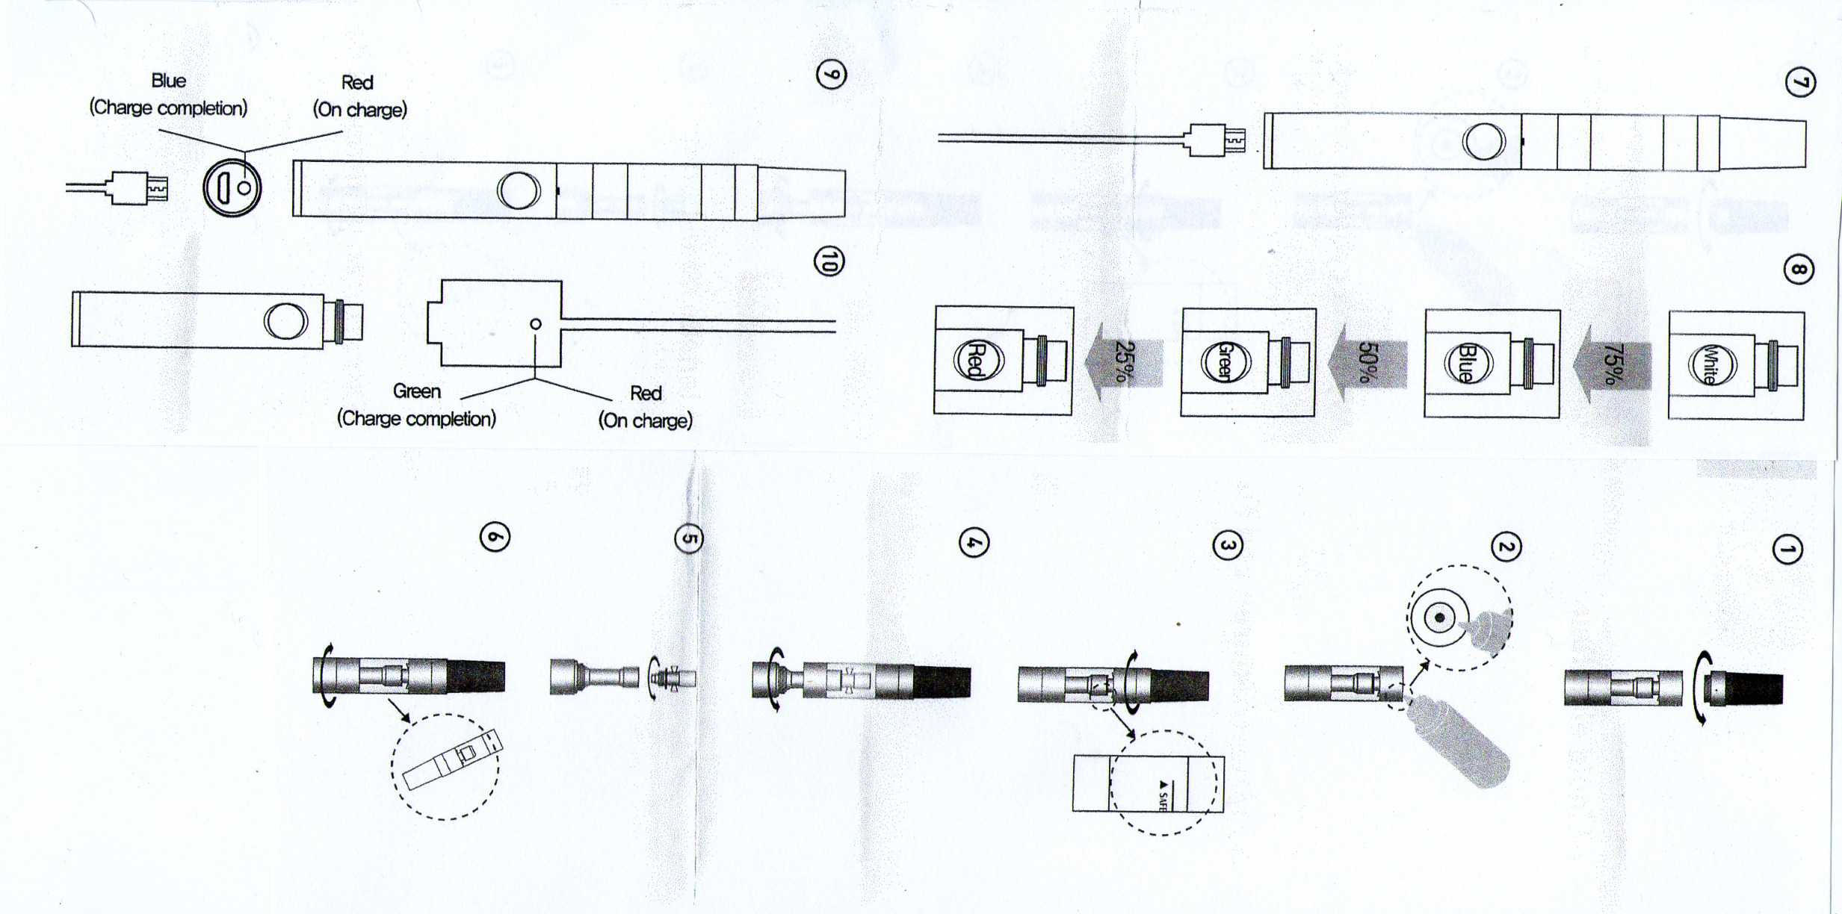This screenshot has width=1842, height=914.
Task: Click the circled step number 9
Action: click(831, 75)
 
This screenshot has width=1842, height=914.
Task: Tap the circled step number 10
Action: click(829, 261)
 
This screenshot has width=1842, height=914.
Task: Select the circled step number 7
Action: click(1800, 82)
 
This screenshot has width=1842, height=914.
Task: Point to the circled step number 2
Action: click(1506, 547)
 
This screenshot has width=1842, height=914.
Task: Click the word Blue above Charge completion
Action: click(168, 81)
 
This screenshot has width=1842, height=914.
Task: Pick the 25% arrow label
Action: click(1124, 361)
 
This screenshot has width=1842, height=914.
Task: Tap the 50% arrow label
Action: click(1367, 362)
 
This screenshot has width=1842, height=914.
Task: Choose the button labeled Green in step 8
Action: click(1225, 361)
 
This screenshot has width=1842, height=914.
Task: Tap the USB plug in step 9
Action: click(139, 188)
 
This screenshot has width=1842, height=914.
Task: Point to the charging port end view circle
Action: click(232, 188)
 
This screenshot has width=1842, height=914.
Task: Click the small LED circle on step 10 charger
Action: click(536, 324)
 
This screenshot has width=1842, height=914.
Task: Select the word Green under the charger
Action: click(416, 391)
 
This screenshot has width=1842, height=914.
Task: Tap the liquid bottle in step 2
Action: click(1459, 741)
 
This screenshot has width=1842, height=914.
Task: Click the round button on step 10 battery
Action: click(285, 321)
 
